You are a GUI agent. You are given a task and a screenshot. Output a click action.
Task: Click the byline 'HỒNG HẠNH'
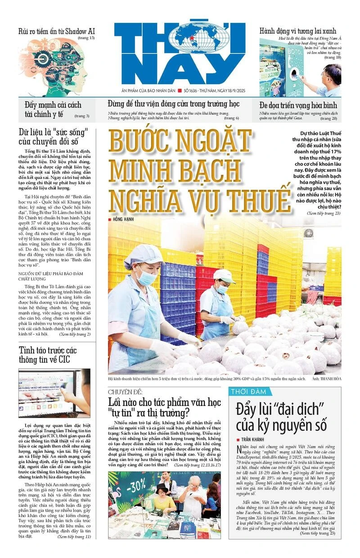[124, 219]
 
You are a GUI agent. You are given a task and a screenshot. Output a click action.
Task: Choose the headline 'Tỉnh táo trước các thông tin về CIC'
[44, 354]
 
